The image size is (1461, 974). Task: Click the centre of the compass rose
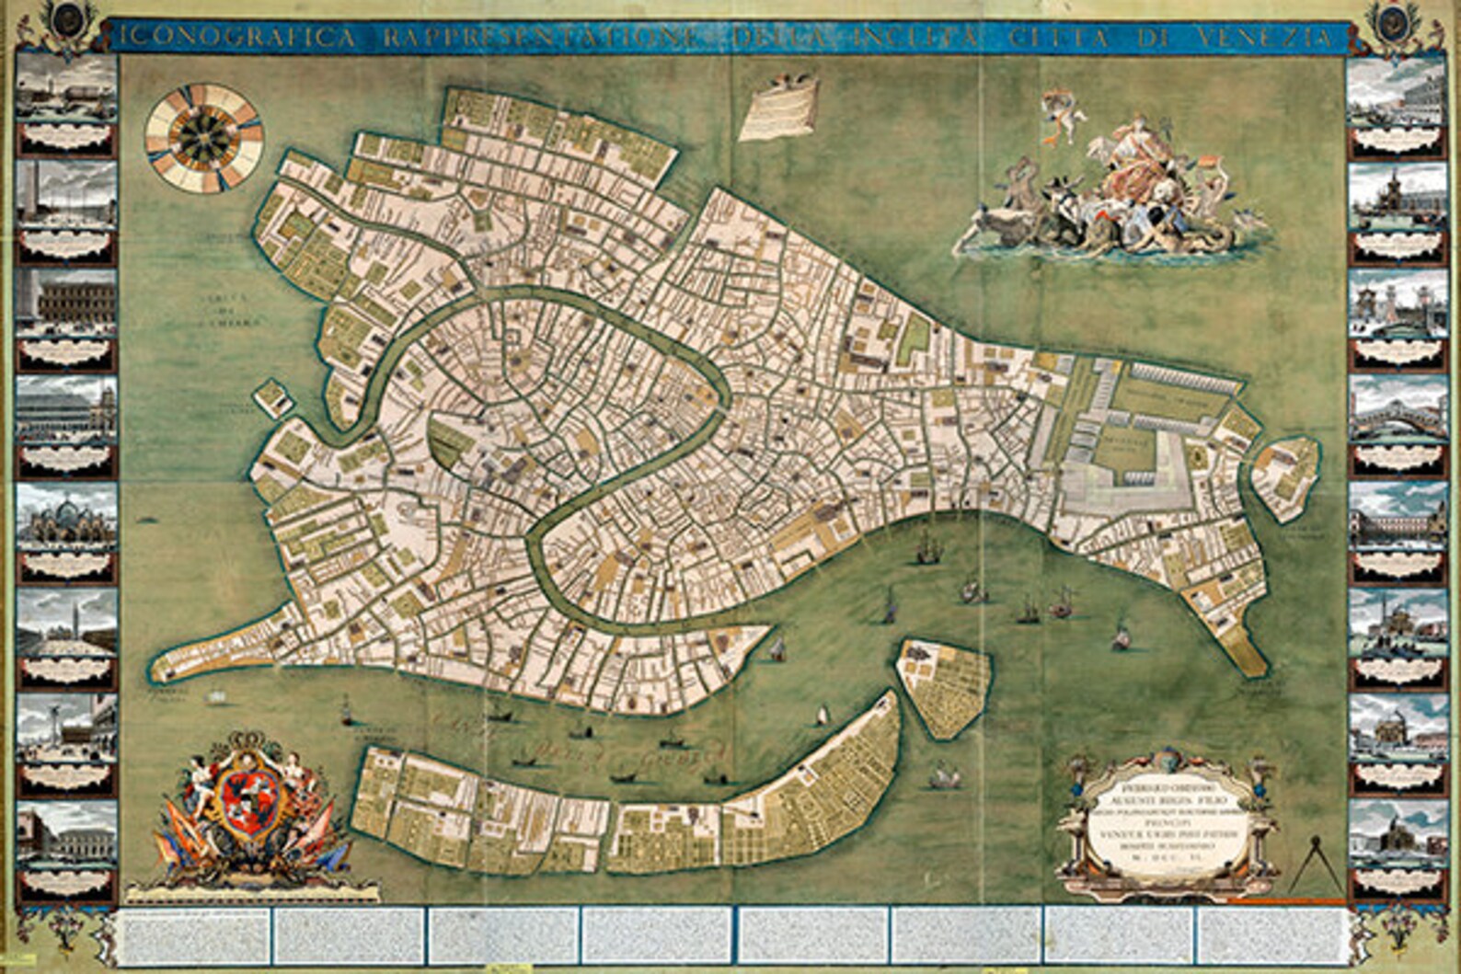203,138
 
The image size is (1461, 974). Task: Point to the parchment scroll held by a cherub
780,108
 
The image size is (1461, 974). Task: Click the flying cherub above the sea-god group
1064,115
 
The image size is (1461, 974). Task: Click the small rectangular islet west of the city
272,398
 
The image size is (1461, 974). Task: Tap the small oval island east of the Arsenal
1285,478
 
